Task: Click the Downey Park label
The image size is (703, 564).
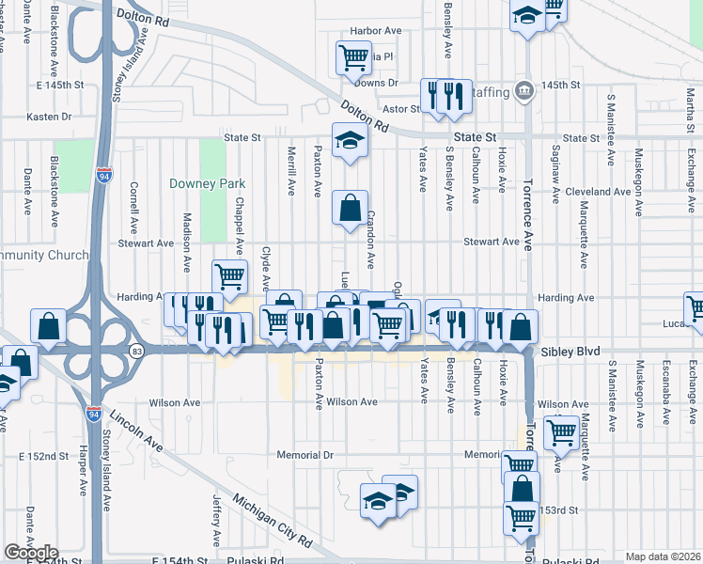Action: (x=200, y=183)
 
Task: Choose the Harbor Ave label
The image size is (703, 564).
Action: (x=375, y=31)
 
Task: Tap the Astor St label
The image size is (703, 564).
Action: (x=400, y=109)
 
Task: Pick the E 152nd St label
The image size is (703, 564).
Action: (x=46, y=456)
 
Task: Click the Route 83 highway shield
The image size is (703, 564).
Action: (x=137, y=351)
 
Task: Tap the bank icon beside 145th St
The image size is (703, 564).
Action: (x=525, y=91)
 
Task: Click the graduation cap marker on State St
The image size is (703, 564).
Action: (x=351, y=141)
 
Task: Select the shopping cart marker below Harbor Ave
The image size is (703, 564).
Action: (x=353, y=58)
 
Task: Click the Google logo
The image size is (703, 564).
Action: (x=30, y=553)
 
